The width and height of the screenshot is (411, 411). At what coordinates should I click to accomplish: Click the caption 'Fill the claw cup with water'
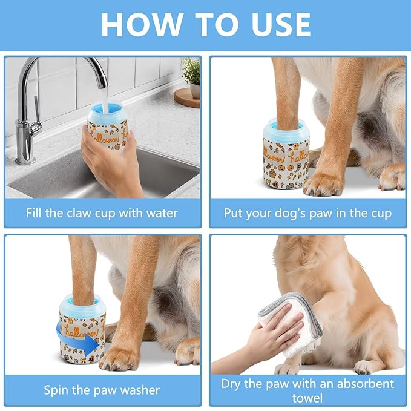(102, 213)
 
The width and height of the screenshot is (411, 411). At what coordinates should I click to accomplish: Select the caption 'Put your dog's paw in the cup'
(307, 213)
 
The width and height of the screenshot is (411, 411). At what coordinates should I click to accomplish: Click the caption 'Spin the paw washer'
(102, 390)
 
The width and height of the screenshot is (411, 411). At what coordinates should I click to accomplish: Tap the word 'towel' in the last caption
(307, 398)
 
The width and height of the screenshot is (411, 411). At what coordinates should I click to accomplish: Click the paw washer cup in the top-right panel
(286, 157)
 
